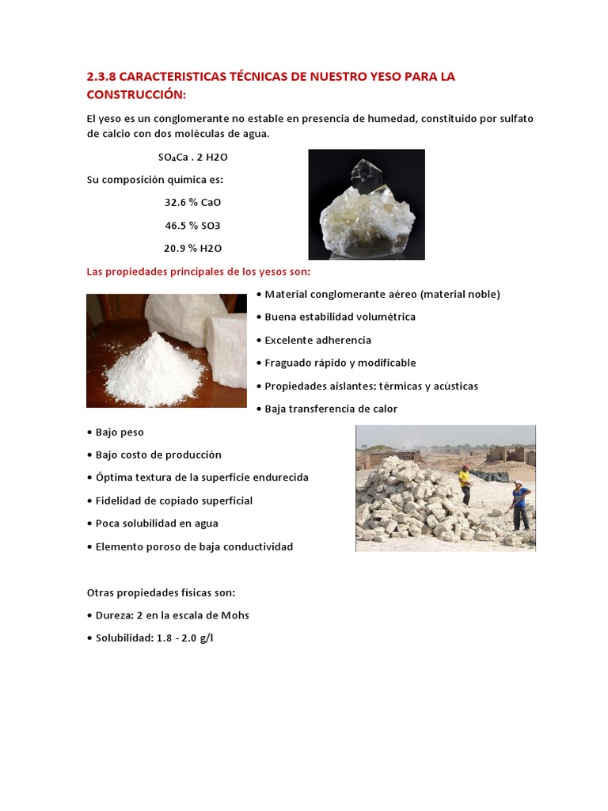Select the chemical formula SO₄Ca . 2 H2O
[x=192, y=157]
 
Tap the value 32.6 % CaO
[x=192, y=202]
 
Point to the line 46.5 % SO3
[x=192, y=225]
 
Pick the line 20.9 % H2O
[x=192, y=248]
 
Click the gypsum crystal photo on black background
[x=366, y=205]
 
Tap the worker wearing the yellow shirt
[x=465, y=484]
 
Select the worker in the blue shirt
[x=520, y=504]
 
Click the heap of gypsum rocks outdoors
[x=412, y=503]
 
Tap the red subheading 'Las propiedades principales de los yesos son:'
[x=199, y=272]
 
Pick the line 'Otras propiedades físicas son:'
[x=161, y=592]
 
